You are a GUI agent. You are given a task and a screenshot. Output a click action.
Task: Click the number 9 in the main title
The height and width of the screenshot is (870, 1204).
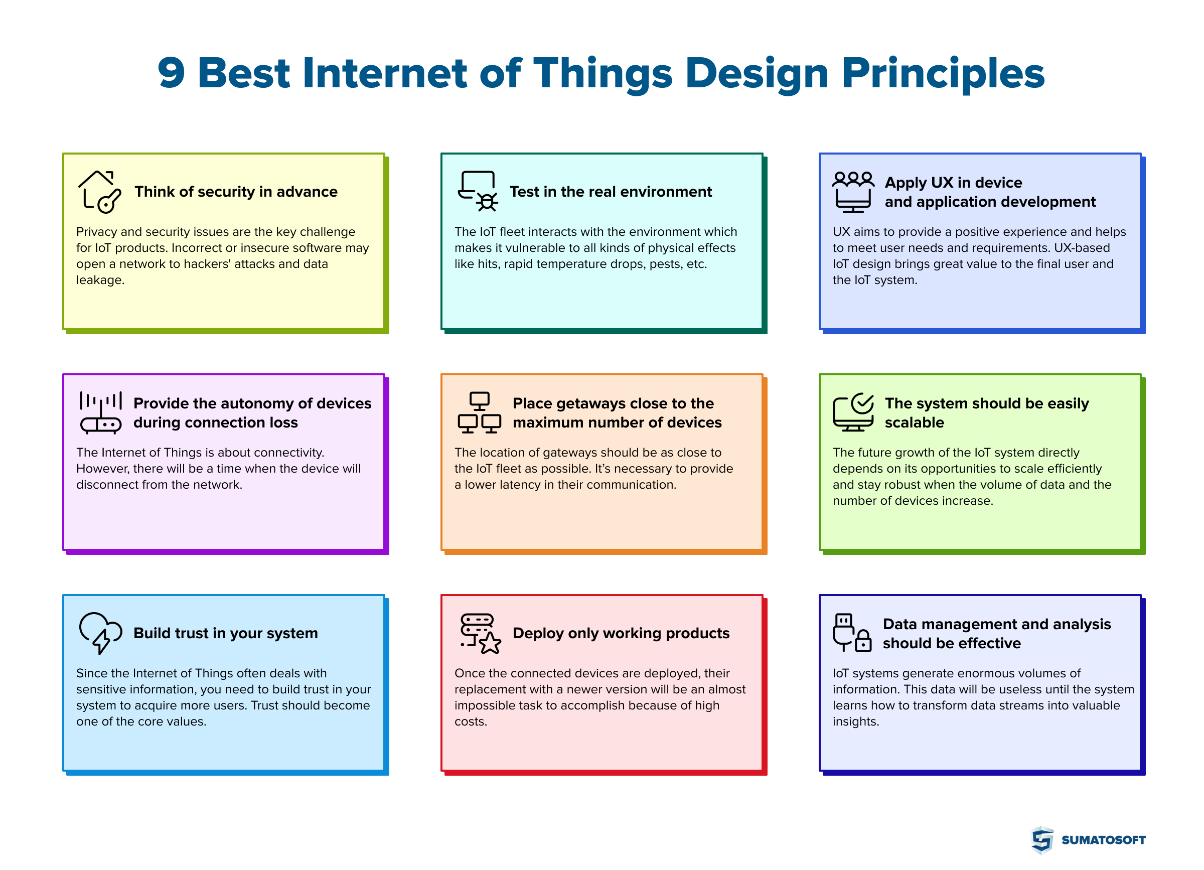pos(171,73)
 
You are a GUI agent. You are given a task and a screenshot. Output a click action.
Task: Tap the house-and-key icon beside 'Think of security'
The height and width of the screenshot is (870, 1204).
pos(100,192)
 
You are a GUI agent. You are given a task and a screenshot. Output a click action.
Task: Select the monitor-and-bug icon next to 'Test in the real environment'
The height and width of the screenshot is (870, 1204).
pos(478,192)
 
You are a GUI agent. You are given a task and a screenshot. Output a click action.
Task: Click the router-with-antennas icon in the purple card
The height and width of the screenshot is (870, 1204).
pos(101,413)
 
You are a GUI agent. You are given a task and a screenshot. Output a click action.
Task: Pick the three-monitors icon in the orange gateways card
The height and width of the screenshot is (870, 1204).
pos(479,413)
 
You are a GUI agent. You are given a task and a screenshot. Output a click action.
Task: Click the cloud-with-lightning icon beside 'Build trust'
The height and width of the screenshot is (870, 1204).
pos(100,633)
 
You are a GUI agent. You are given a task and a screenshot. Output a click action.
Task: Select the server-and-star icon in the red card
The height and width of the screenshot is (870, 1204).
pos(480,634)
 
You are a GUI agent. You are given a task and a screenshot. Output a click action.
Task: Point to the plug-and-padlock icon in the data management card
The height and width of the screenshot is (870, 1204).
pos(852,633)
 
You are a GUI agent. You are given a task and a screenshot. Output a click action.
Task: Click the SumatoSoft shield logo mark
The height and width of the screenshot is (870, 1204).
pos(1042,840)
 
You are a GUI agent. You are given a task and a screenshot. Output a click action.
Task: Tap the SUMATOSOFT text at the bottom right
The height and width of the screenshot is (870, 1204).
pos(1103,840)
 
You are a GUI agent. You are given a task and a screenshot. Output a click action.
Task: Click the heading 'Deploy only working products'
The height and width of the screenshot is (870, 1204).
pos(621,633)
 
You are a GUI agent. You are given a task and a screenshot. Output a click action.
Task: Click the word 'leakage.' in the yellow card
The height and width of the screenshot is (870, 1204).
pos(100,280)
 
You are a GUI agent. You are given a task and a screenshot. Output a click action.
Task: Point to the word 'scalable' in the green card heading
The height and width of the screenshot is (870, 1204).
pos(914,423)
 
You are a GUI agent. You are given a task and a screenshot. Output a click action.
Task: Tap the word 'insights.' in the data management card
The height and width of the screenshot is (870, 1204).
pos(855,722)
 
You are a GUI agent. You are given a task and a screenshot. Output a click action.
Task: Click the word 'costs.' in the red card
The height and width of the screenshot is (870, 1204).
pos(471,722)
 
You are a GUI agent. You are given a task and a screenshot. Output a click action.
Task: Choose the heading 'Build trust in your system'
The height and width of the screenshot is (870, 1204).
pos(226,633)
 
